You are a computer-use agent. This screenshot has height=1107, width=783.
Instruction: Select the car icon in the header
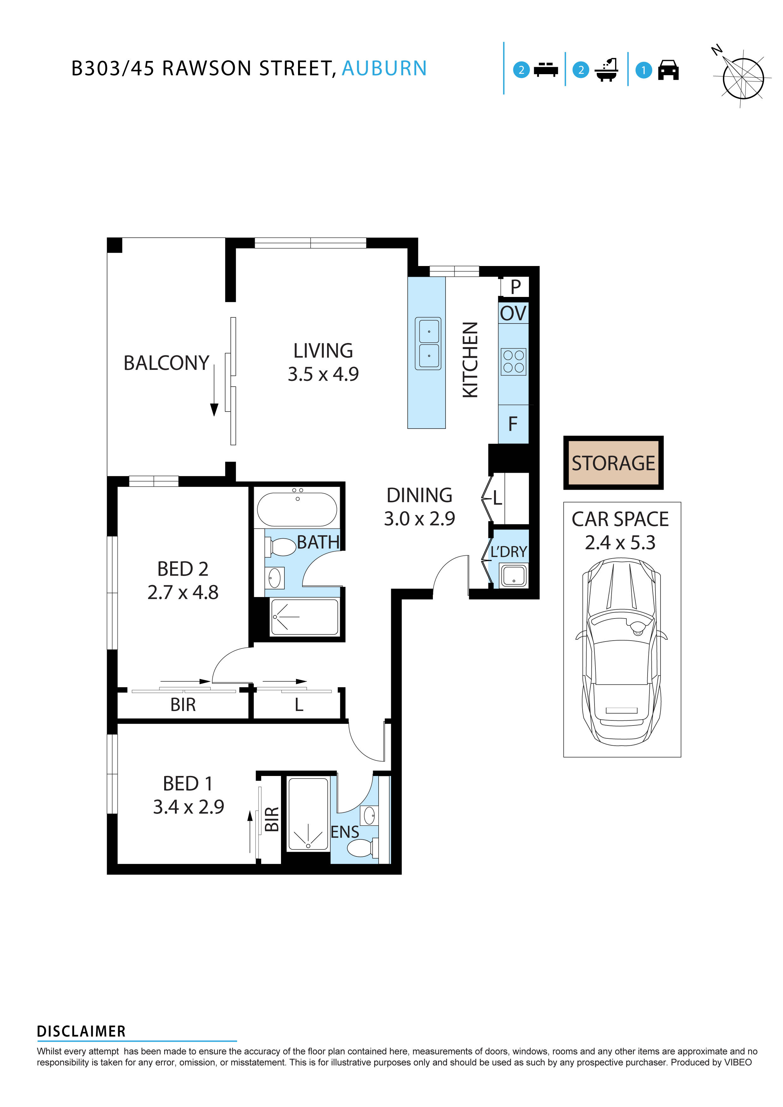coord(668,70)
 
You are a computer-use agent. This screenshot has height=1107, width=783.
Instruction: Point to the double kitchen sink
coord(427,343)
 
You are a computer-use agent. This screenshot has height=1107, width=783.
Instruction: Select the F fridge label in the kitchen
coord(513,424)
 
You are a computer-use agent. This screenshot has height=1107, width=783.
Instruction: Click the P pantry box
coord(515,287)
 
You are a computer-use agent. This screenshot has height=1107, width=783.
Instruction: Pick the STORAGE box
coord(613,463)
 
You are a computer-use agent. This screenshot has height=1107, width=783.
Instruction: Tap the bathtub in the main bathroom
coord(297,509)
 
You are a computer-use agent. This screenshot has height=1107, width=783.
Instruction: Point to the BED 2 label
coord(182,569)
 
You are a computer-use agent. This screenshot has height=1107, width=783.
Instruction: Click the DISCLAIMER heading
coord(81,1032)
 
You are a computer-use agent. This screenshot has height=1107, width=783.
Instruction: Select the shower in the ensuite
coord(308,815)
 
